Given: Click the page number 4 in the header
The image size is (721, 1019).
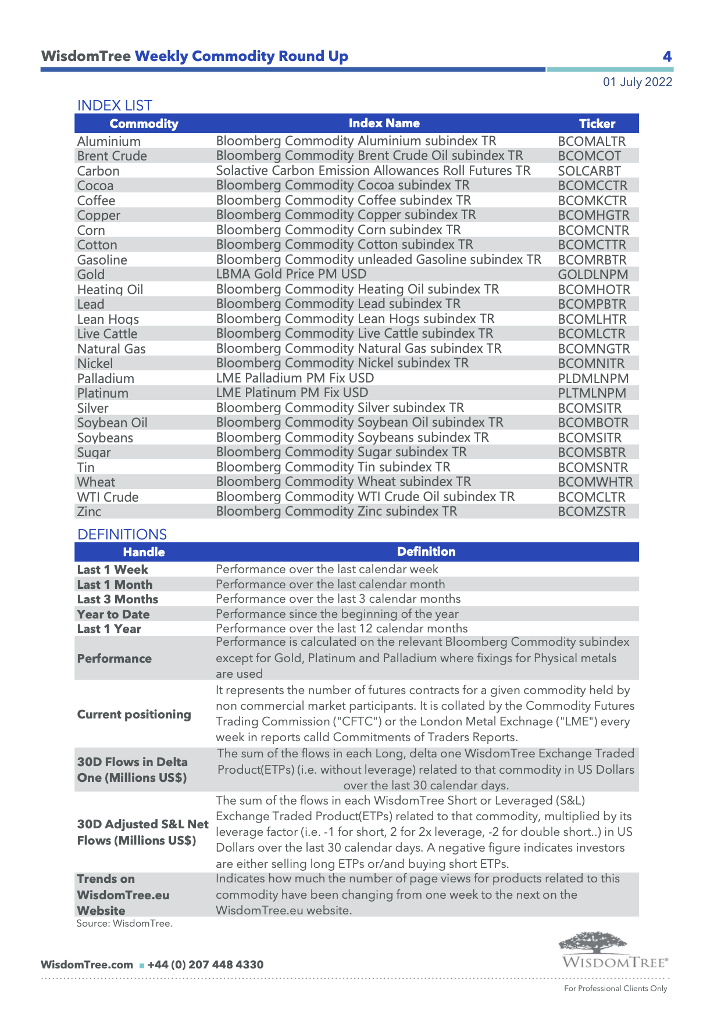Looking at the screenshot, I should click(x=667, y=56).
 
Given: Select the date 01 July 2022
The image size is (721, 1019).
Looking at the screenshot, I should click(x=637, y=82).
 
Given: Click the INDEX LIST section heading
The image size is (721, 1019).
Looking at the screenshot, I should click(x=115, y=105).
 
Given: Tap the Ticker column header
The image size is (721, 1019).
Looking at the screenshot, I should click(x=597, y=123).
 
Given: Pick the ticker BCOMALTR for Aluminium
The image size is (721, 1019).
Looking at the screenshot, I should click(x=591, y=141).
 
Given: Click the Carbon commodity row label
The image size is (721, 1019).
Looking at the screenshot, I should click(x=98, y=171).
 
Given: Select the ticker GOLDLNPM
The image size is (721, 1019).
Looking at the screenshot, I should click(x=592, y=274).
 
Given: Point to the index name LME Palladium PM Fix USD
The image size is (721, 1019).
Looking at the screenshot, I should click(x=295, y=378).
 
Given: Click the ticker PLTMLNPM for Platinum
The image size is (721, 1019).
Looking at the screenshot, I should click(x=592, y=393).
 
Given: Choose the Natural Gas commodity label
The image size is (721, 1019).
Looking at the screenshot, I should click(x=111, y=349).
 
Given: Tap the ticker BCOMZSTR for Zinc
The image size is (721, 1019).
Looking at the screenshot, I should click(x=591, y=512).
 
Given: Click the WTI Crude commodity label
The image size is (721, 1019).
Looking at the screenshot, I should click(x=108, y=497).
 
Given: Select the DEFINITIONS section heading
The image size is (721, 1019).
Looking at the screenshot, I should click(x=122, y=534).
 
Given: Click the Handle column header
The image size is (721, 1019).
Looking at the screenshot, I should click(x=144, y=552).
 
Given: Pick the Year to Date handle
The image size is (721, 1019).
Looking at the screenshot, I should click(x=113, y=614).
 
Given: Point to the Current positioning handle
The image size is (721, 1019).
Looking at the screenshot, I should click(x=134, y=714).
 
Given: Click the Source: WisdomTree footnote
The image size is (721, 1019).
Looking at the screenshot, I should click(x=124, y=923).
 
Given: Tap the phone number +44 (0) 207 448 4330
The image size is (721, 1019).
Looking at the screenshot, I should click(x=205, y=964).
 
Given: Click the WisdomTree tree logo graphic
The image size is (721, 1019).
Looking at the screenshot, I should click(x=592, y=942).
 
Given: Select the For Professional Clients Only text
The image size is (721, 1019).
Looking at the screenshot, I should click(x=615, y=988).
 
